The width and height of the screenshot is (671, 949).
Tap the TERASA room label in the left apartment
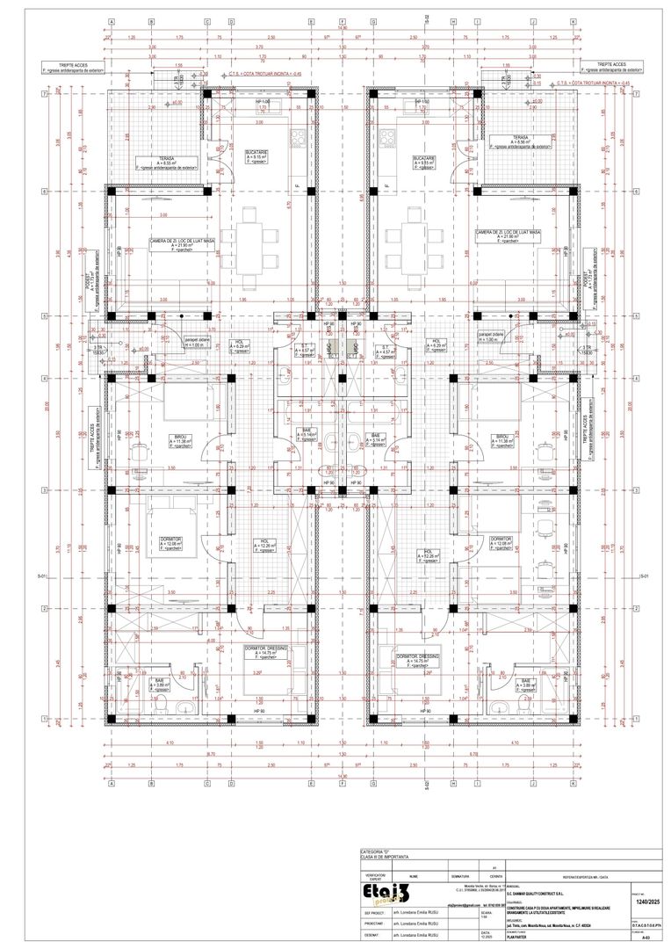click(166, 160)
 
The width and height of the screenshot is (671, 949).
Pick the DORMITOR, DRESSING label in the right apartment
click(418, 658)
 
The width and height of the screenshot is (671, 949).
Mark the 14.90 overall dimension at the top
click(342, 29)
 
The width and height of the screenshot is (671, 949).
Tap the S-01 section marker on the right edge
click(644, 576)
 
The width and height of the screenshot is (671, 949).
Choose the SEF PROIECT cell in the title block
click(373, 912)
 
